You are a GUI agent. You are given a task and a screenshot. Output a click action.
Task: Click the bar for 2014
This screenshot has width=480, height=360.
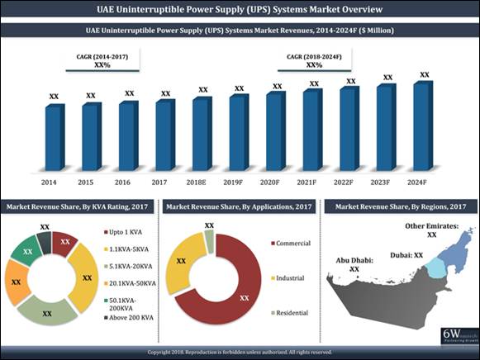pyautogui.click(x=55, y=136)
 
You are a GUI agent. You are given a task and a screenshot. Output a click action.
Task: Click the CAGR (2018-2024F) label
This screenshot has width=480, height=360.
pyautogui.click(x=314, y=56)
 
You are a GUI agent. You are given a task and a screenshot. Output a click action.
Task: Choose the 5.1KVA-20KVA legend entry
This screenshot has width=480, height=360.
pyautogui.click(x=129, y=265)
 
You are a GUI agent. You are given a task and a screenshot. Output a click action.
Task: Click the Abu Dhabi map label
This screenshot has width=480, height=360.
pyautogui.click(x=354, y=263)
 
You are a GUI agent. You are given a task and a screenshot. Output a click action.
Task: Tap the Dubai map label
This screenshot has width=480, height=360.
pyautogui.click(x=406, y=255)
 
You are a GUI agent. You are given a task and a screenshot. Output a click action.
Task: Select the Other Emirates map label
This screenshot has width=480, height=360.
pyautogui.click(x=431, y=229)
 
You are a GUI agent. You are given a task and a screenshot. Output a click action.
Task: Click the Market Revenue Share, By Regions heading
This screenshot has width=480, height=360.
pyautogui.click(x=400, y=205)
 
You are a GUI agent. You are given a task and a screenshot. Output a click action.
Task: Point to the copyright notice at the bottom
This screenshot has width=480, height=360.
pyautogui.click(x=240, y=352)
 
